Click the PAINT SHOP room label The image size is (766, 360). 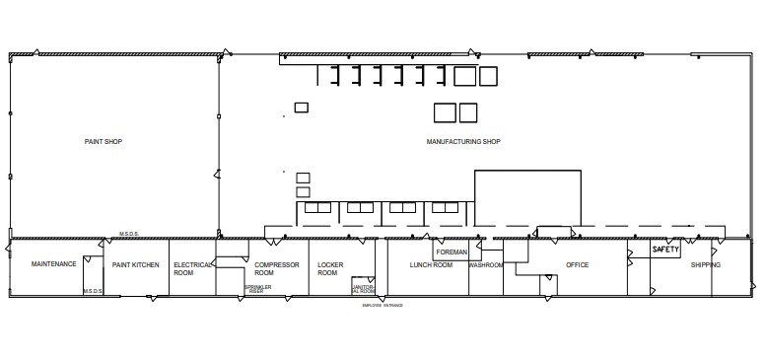pos(104,142)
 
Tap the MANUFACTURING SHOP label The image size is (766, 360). pos(463,142)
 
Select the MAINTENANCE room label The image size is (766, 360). pos(54,265)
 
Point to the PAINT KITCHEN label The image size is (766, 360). pos(136,265)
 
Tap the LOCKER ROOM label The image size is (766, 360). pos(328,268)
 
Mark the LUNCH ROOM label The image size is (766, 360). pos(431,265)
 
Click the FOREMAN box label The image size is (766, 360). pos(451,252)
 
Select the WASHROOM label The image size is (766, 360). pos(486,265)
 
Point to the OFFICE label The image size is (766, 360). pos(577,265)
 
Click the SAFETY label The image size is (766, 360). pos(666,251)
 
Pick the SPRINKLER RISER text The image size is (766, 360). pos(257,289)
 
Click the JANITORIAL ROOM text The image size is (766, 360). pos(363,291)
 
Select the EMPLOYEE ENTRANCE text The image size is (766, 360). pos(383,306)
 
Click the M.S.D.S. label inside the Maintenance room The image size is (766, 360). pos(94,291)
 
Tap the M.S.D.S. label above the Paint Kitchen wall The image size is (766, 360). pos(129,234)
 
